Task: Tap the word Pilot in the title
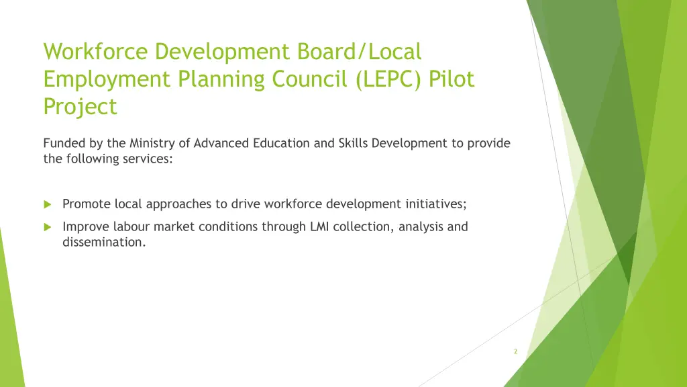(453, 79)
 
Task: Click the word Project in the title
(80, 107)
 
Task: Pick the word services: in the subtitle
(147, 159)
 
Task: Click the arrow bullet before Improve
(48, 227)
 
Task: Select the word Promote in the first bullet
(87, 204)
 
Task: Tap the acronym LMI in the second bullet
(319, 226)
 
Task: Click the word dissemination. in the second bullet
(104, 243)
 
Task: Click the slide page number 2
(515, 351)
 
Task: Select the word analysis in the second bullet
(420, 227)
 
